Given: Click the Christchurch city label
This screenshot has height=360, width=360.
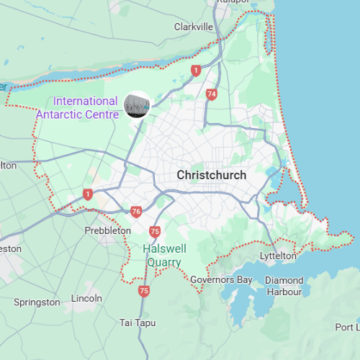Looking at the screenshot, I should click(212, 175).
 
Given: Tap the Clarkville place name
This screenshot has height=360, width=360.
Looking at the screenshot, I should click(194, 27).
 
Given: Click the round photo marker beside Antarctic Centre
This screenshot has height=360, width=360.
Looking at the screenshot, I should click(136, 104).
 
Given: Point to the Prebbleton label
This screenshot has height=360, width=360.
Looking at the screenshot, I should click(108, 230).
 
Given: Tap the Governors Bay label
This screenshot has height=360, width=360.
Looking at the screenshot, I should click(221, 279).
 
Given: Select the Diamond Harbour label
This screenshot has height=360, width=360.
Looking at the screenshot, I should click(284, 286).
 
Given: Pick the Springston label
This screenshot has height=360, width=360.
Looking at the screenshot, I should click(37, 302).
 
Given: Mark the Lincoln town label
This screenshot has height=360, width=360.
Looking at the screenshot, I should click(86, 297).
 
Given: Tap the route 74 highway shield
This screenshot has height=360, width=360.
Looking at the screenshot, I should click(211, 94).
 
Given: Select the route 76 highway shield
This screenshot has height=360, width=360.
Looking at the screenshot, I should click(137, 212).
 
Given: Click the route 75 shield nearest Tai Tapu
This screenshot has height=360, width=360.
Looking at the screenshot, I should click(145, 291).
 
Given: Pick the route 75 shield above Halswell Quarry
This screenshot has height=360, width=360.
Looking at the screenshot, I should click(155, 231).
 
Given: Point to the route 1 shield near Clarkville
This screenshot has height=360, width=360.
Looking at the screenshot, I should click(195, 70).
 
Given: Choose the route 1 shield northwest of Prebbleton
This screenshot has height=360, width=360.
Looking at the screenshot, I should click(88, 194).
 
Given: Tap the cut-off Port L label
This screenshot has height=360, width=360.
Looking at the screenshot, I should click(347, 328).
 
